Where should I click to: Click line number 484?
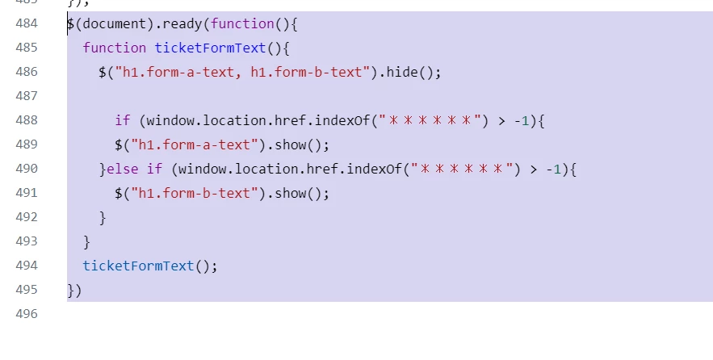pos(27,23)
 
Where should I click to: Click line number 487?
pos(27,96)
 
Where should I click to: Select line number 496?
pos(27,314)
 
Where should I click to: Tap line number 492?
pos(27,217)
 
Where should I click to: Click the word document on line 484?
pos(115,23)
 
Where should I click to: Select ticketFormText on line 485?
pos(210,48)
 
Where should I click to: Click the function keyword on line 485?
pos(115,48)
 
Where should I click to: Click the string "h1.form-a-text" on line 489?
pos(194,144)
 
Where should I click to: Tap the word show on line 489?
pos(291,144)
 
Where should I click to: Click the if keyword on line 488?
pos(122,120)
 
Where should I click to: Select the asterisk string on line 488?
pos(430,120)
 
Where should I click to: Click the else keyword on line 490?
pos(122,169)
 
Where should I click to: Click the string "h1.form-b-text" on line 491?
pos(194,193)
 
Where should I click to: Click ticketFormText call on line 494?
pos(138,266)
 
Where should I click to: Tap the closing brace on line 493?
pos(87,242)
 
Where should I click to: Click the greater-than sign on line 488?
pos(501,121)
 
